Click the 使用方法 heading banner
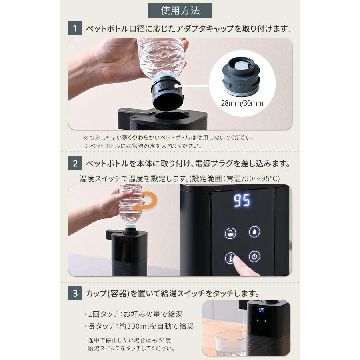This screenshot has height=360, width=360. click(180, 10)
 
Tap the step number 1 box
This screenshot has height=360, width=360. click(74, 29)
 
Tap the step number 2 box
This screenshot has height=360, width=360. click(74, 164)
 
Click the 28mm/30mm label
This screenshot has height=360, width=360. click(242, 103)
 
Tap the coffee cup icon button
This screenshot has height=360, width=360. click(230, 233)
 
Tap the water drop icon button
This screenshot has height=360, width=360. click(254, 232)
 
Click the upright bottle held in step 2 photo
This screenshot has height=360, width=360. click(130, 206)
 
